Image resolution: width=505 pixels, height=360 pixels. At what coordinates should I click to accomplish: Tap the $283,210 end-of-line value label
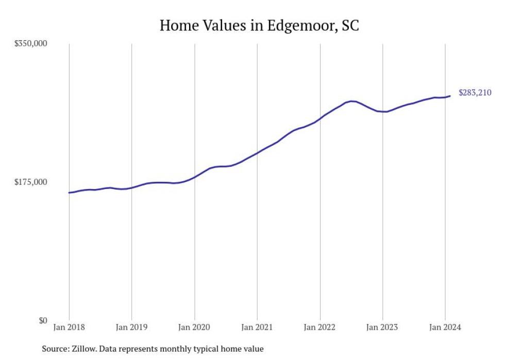tap(475, 93)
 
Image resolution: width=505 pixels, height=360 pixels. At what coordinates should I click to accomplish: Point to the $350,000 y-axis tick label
tap(30, 43)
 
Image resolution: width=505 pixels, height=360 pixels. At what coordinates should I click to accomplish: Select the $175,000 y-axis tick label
tap(30, 182)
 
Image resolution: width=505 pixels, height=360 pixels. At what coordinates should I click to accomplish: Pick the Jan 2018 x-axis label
tap(69, 328)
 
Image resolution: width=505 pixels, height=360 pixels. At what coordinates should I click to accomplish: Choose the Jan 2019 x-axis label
tap(132, 328)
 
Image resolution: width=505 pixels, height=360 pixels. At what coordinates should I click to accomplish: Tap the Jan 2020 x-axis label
tap(195, 328)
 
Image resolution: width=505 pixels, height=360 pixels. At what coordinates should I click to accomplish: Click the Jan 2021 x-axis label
tap(257, 328)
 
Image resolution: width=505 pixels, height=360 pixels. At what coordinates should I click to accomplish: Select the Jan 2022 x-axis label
tap(320, 328)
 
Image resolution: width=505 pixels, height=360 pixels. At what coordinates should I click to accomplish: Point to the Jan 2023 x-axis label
tap(383, 328)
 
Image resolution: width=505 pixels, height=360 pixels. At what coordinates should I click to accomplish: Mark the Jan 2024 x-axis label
tap(445, 328)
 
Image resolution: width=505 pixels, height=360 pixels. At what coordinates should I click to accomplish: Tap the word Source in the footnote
tap(55, 349)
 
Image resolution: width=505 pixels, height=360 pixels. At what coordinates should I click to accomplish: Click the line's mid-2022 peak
tap(351, 101)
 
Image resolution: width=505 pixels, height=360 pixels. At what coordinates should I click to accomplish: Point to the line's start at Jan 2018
tap(69, 193)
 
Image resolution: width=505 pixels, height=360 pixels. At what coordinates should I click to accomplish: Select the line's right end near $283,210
tap(450, 96)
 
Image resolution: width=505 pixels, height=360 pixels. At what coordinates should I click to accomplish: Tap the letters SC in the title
tap(349, 26)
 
